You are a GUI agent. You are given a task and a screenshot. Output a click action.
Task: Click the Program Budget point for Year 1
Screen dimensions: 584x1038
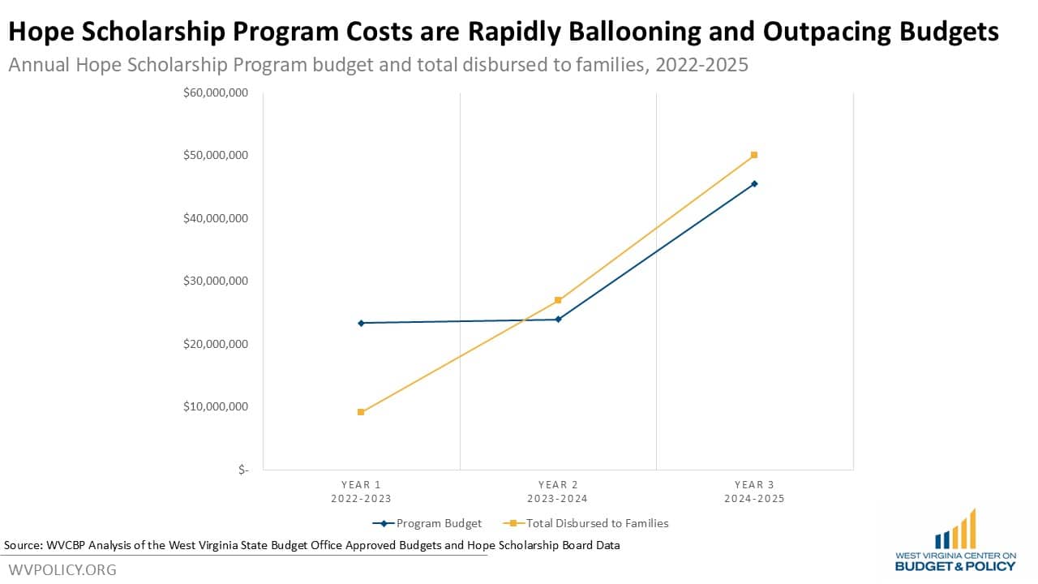361,323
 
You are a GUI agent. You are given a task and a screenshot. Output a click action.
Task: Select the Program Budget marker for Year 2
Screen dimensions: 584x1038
558,319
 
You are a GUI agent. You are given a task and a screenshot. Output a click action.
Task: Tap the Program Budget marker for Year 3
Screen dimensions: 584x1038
754,183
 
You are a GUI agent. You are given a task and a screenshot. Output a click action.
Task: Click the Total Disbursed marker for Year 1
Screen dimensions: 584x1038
361,412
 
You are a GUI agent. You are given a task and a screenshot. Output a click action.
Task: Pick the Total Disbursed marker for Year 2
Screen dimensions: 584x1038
558,300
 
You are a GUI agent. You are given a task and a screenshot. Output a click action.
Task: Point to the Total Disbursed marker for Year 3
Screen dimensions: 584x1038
754,155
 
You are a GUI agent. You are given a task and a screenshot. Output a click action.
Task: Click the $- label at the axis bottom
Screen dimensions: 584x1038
243,470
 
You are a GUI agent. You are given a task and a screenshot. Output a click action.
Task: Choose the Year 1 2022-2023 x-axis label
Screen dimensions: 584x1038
361,492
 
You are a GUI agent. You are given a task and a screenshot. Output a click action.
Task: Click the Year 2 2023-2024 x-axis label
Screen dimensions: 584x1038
558,492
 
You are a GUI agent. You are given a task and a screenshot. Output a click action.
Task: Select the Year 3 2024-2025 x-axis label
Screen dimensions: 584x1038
754,492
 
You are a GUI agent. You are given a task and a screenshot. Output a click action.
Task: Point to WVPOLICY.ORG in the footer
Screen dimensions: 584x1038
62,569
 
